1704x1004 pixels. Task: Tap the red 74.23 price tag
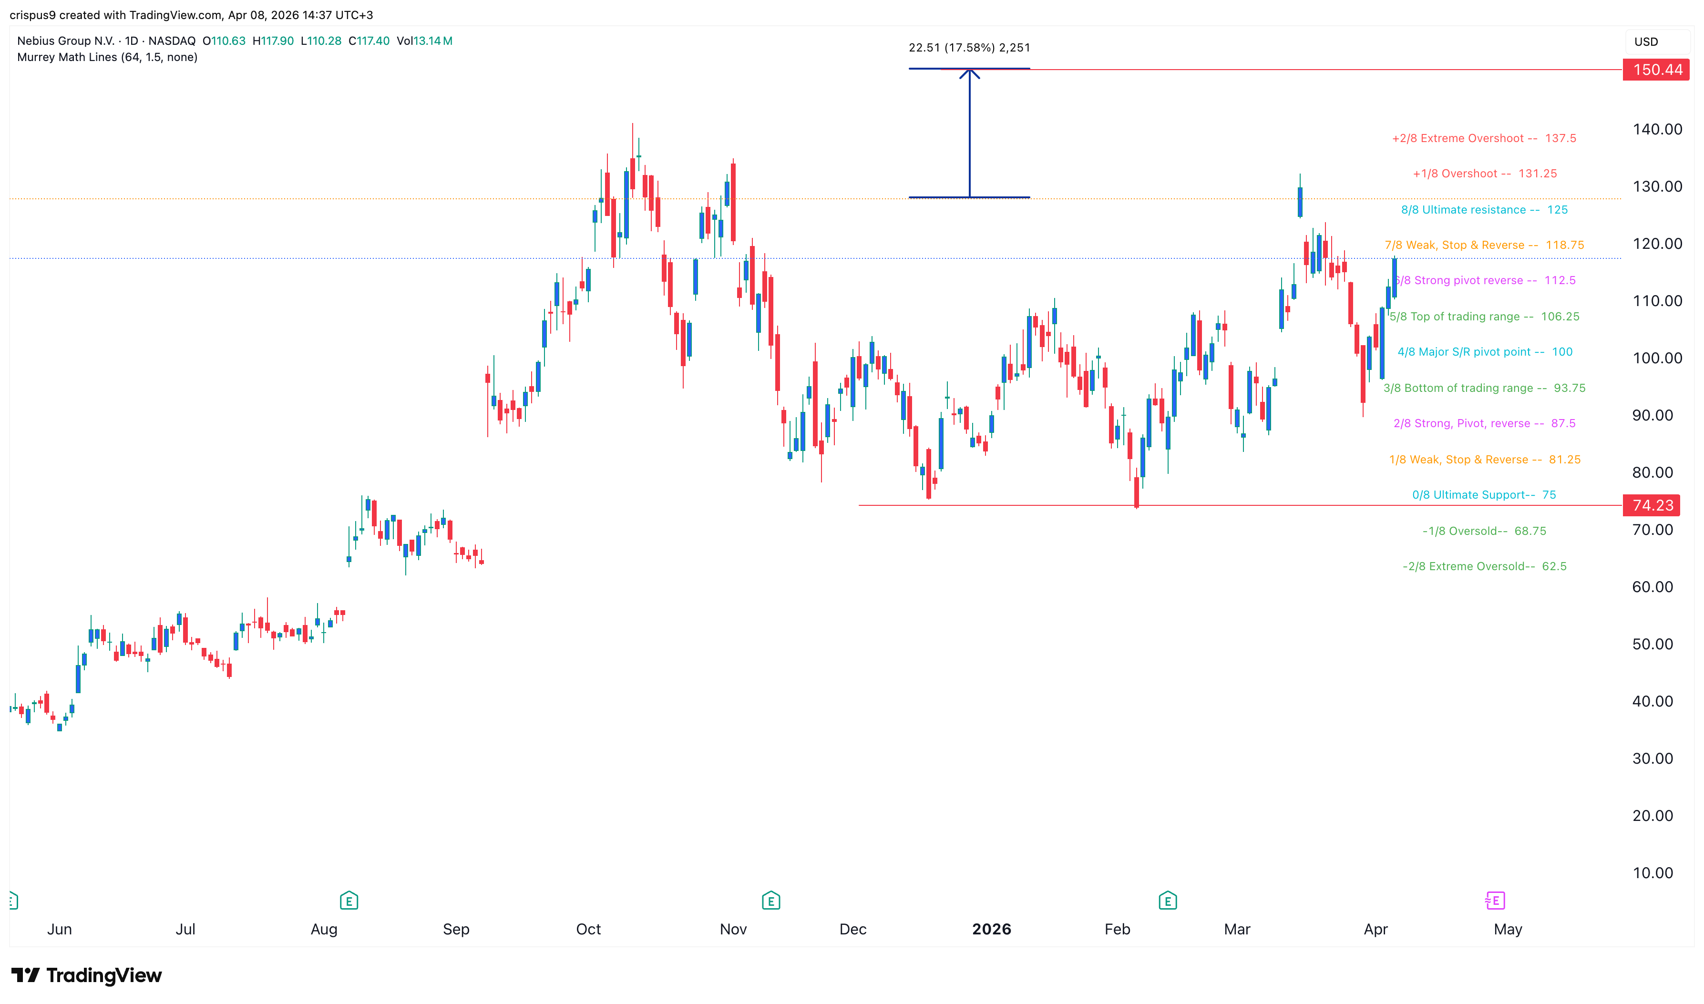click(1652, 505)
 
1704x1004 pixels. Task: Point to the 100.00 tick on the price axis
click(1657, 358)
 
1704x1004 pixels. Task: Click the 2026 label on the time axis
click(991, 929)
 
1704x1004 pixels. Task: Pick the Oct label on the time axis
click(588, 929)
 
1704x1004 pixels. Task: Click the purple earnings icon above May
click(1495, 901)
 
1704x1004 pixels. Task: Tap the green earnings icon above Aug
click(349, 901)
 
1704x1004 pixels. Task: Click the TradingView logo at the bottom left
click(87, 975)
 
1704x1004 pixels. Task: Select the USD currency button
click(1646, 42)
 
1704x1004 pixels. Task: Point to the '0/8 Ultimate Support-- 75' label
click(1483, 494)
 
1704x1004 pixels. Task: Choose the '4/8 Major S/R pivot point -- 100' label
click(1484, 352)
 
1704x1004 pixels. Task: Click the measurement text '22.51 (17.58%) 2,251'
click(969, 47)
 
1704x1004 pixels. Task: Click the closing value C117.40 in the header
click(369, 41)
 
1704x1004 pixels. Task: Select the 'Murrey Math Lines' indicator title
click(107, 57)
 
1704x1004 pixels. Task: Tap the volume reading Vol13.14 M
click(424, 41)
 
